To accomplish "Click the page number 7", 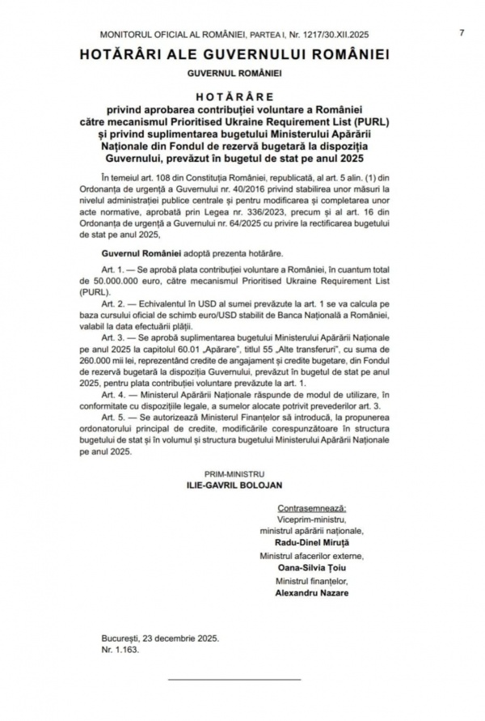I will [x=462, y=32].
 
